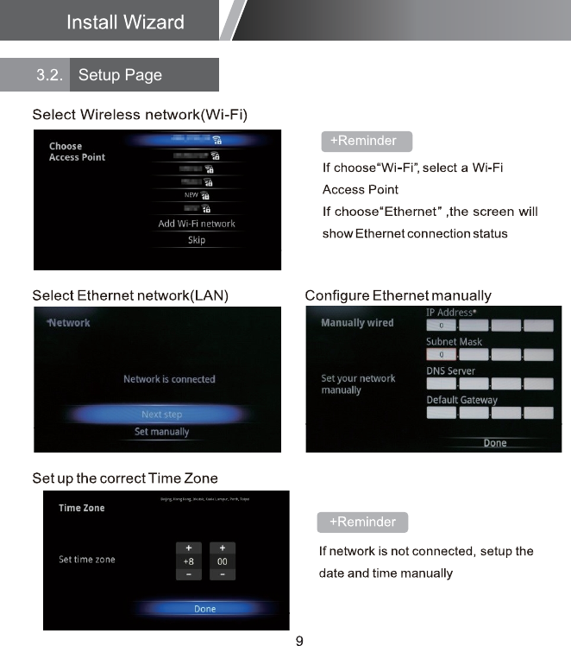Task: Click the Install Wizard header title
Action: (125, 22)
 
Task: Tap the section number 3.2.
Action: (49, 75)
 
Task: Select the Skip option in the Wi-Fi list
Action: (197, 240)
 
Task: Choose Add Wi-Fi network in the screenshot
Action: (197, 224)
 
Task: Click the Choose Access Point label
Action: (77, 152)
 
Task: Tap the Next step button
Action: (161, 415)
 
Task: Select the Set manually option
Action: (161, 432)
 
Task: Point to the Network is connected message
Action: (169, 379)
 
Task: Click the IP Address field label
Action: (451, 312)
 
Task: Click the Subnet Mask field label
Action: (454, 341)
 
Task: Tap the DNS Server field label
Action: (450, 370)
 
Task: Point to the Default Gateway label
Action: (461, 400)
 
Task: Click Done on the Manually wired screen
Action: (495, 443)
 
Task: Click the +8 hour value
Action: (188, 560)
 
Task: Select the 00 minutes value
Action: (223, 560)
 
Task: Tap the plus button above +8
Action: (188, 548)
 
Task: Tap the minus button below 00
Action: (223, 573)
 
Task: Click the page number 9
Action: (299, 640)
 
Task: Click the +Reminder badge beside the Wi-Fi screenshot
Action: (367, 141)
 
